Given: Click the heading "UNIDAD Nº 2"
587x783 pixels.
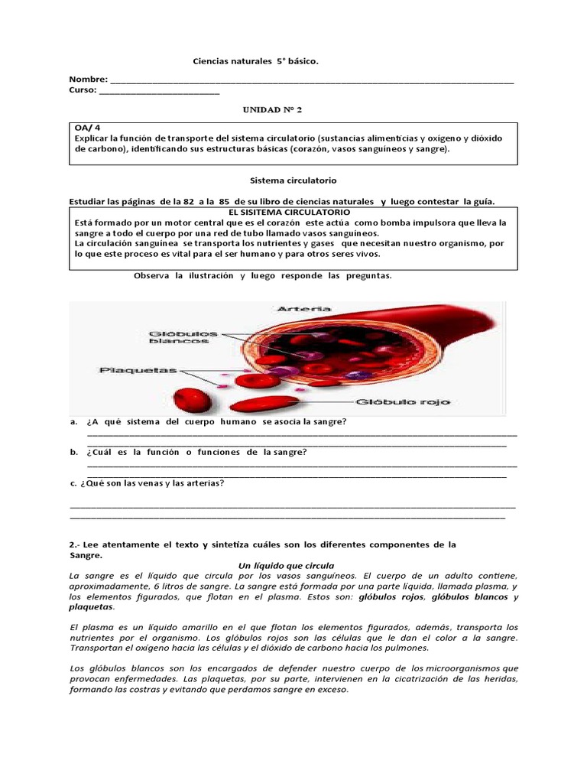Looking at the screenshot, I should tap(272, 109).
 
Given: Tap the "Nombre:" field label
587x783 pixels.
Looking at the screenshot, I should tap(89, 80).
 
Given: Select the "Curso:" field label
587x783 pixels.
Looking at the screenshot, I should tap(83, 90).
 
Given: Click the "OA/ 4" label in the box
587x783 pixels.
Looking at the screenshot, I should tap(87, 127).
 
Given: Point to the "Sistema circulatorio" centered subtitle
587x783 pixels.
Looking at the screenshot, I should tap(283, 180).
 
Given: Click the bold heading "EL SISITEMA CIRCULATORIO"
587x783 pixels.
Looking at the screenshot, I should tap(290, 211).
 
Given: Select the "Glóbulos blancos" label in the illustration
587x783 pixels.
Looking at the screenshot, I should tap(183, 337).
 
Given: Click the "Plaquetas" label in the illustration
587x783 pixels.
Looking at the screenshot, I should tap(138, 370).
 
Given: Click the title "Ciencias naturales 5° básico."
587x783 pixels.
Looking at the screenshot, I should tap(255, 60).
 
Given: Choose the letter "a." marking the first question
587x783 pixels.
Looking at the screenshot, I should tap(73, 421).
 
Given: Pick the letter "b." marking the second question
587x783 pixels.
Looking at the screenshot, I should tap(73, 452).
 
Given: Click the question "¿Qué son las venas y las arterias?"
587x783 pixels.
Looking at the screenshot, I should tap(151, 482).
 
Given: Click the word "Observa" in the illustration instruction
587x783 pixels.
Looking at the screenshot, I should tap(151, 275).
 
